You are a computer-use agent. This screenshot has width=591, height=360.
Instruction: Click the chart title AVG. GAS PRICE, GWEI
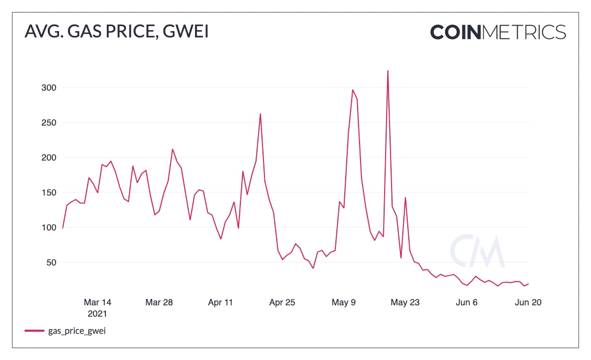point(117,32)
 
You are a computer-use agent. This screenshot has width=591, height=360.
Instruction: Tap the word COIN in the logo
point(456,32)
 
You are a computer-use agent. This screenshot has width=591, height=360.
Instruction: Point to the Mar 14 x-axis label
point(98,302)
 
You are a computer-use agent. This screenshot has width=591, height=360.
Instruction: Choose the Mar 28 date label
point(159,302)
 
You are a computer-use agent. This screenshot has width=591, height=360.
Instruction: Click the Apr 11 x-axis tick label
point(221,302)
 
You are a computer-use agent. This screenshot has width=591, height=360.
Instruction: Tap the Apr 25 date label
point(282,302)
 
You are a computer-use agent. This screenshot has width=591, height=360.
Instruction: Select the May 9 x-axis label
point(344,302)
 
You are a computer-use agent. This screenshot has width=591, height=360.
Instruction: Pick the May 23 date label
point(405,302)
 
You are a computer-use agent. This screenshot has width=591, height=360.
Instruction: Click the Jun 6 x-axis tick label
point(467,302)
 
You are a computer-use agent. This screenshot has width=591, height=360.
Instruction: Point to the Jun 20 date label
point(528,302)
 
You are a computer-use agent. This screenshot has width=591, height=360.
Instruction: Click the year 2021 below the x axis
point(98,313)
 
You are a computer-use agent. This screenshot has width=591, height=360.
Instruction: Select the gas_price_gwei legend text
point(77,331)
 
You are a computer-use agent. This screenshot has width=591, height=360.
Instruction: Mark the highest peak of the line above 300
point(388,71)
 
